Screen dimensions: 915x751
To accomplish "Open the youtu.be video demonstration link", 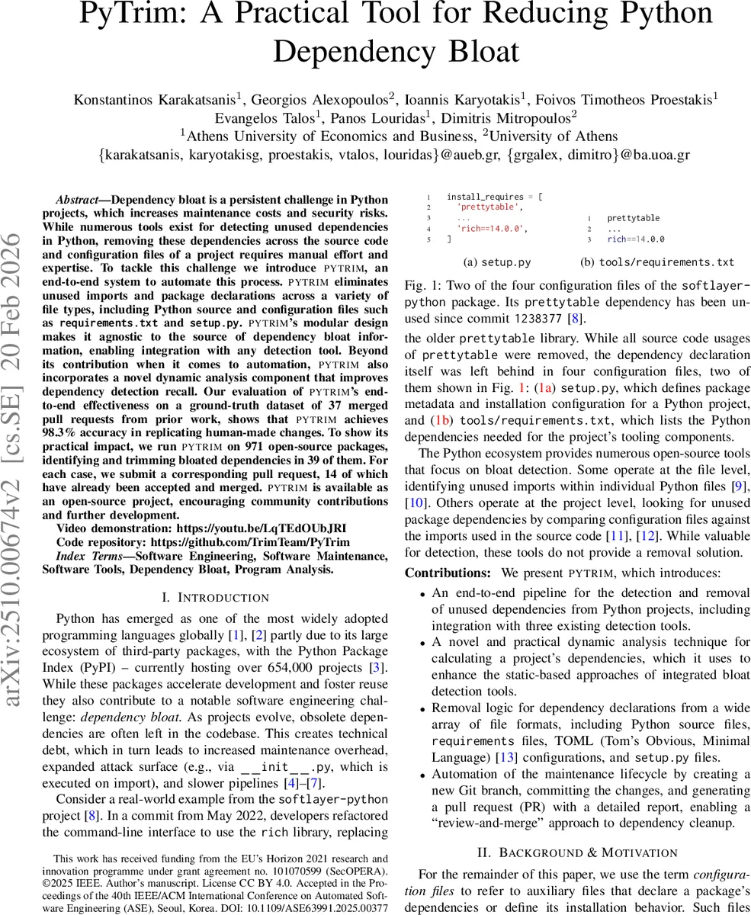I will pyautogui.click(x=262, y=528).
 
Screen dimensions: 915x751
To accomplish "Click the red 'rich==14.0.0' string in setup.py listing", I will pyautogui.click(x=491, y=228).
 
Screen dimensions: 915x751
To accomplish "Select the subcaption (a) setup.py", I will pyautogui.click(x=497, y=262).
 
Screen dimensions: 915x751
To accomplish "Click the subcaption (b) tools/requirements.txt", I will pyautogui.click(x=656, y=262).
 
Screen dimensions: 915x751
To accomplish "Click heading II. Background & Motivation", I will pyautogui.click(x=576, y=852).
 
